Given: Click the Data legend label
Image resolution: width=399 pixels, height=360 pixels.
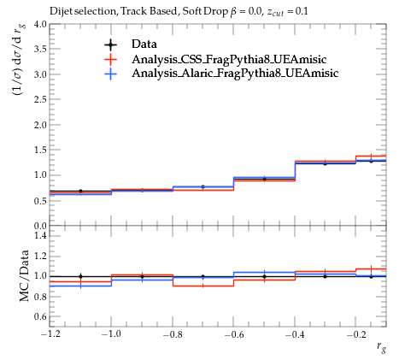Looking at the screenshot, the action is tap(144, 44).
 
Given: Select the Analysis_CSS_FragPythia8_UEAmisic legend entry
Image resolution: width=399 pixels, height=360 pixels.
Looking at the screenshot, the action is tap(229, 59).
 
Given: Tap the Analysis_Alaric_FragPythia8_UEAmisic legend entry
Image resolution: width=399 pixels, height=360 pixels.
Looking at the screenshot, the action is tap(235, 74).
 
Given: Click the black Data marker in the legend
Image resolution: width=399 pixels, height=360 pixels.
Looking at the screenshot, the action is tap(110, 44).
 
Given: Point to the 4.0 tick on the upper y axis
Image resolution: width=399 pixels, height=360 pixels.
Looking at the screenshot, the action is tap(41, 24).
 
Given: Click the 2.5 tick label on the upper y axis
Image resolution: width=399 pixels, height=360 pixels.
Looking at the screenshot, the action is tap(41, 99).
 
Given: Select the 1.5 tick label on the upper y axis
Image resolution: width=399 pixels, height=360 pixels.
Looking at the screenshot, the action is tap(41, 150).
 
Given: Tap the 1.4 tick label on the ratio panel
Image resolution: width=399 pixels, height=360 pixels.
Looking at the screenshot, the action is tap(41, 235).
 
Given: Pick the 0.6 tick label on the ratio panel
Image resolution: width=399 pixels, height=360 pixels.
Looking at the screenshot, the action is tap(41, 316).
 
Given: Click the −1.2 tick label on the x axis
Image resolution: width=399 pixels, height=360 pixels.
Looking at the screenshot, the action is tap(50, 334).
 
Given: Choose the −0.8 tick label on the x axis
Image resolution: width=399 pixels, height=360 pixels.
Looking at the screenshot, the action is tap(173, 334).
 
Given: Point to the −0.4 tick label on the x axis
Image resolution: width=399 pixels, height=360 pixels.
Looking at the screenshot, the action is tap(295, 334).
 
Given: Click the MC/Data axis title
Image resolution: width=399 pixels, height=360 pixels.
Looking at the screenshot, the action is tap(25, 275).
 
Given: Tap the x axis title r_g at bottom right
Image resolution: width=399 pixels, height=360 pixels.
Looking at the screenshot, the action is tap(381, 347).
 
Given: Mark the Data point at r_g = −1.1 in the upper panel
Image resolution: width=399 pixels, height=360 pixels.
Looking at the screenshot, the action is tap(80, 191).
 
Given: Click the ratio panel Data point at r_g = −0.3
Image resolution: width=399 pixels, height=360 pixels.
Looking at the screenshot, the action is tap(325, 276).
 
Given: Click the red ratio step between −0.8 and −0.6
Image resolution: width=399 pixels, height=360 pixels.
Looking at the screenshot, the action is tap(202, 286).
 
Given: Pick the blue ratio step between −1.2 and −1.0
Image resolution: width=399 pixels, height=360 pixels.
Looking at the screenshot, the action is tap(80, 286).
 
